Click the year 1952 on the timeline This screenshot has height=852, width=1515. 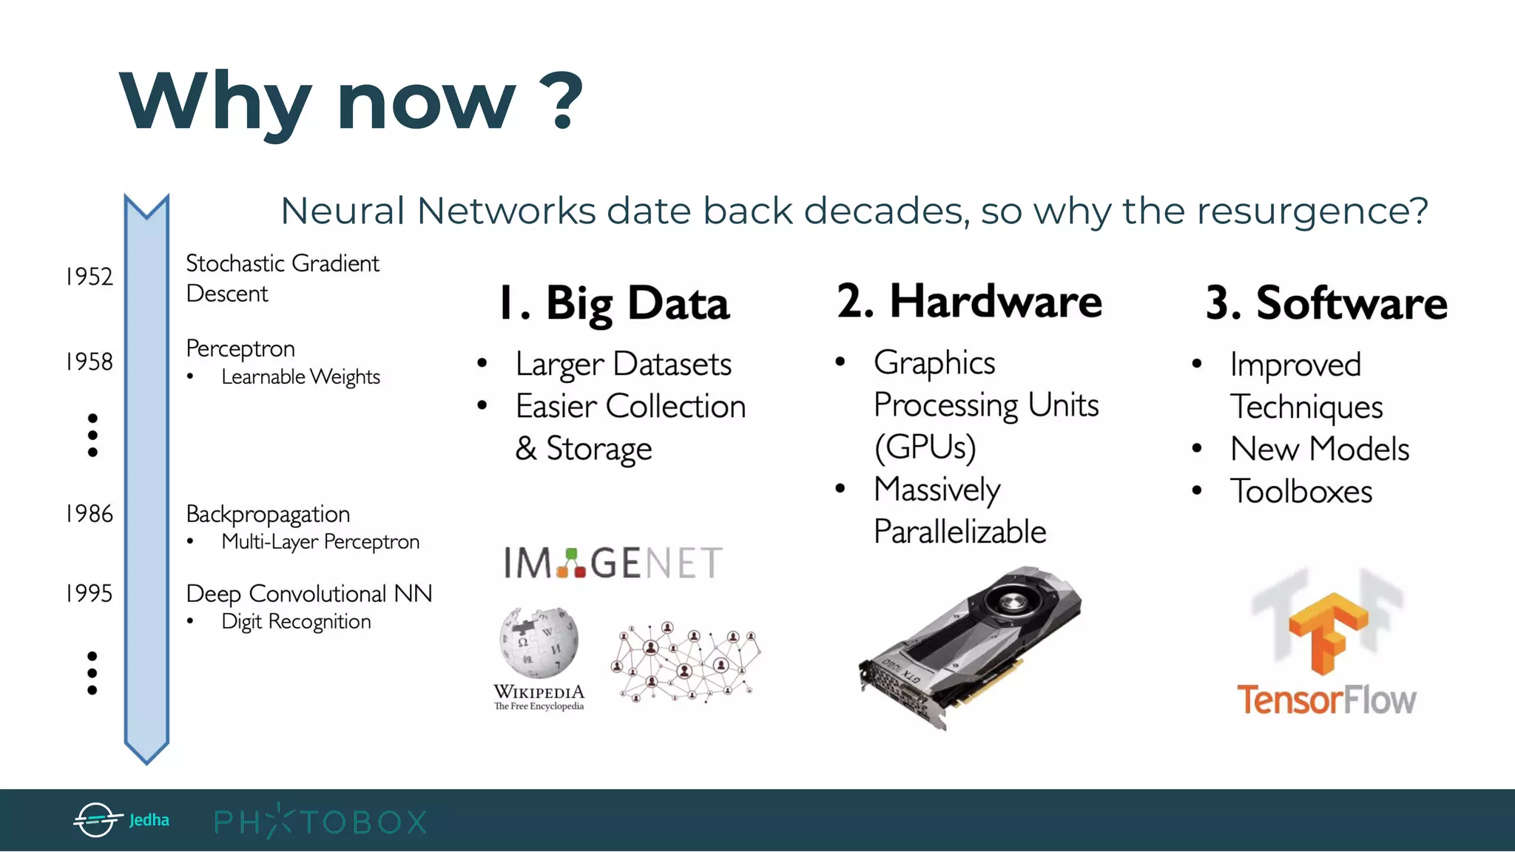[x=90, y=277]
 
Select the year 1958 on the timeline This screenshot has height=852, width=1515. [x=90, y=362]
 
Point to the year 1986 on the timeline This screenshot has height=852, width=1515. [x=90, y=514]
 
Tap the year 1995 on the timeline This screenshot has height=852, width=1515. [x=90, y=593]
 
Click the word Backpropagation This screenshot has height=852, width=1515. [x=268, y=514]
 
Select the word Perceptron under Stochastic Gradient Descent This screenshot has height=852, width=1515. [x=240, y=348]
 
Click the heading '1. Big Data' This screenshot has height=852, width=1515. [x=614, y=303]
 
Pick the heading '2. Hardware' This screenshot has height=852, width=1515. [x=969, y=302]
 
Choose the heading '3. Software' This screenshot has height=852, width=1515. [x=1326, y=303]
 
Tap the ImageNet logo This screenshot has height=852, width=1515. [x=613, y=563]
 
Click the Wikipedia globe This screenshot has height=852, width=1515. [x=539, y=642]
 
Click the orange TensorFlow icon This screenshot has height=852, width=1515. [x=1326, y=632]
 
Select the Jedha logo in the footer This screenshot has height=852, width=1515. [x=122, y=820]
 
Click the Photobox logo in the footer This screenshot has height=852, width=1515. [x=320, y=822]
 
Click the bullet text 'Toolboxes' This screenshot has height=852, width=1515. [x=1301, y=492]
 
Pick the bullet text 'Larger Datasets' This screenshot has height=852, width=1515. [x=623, y=364]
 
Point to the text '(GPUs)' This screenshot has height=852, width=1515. [x=925, y=447]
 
